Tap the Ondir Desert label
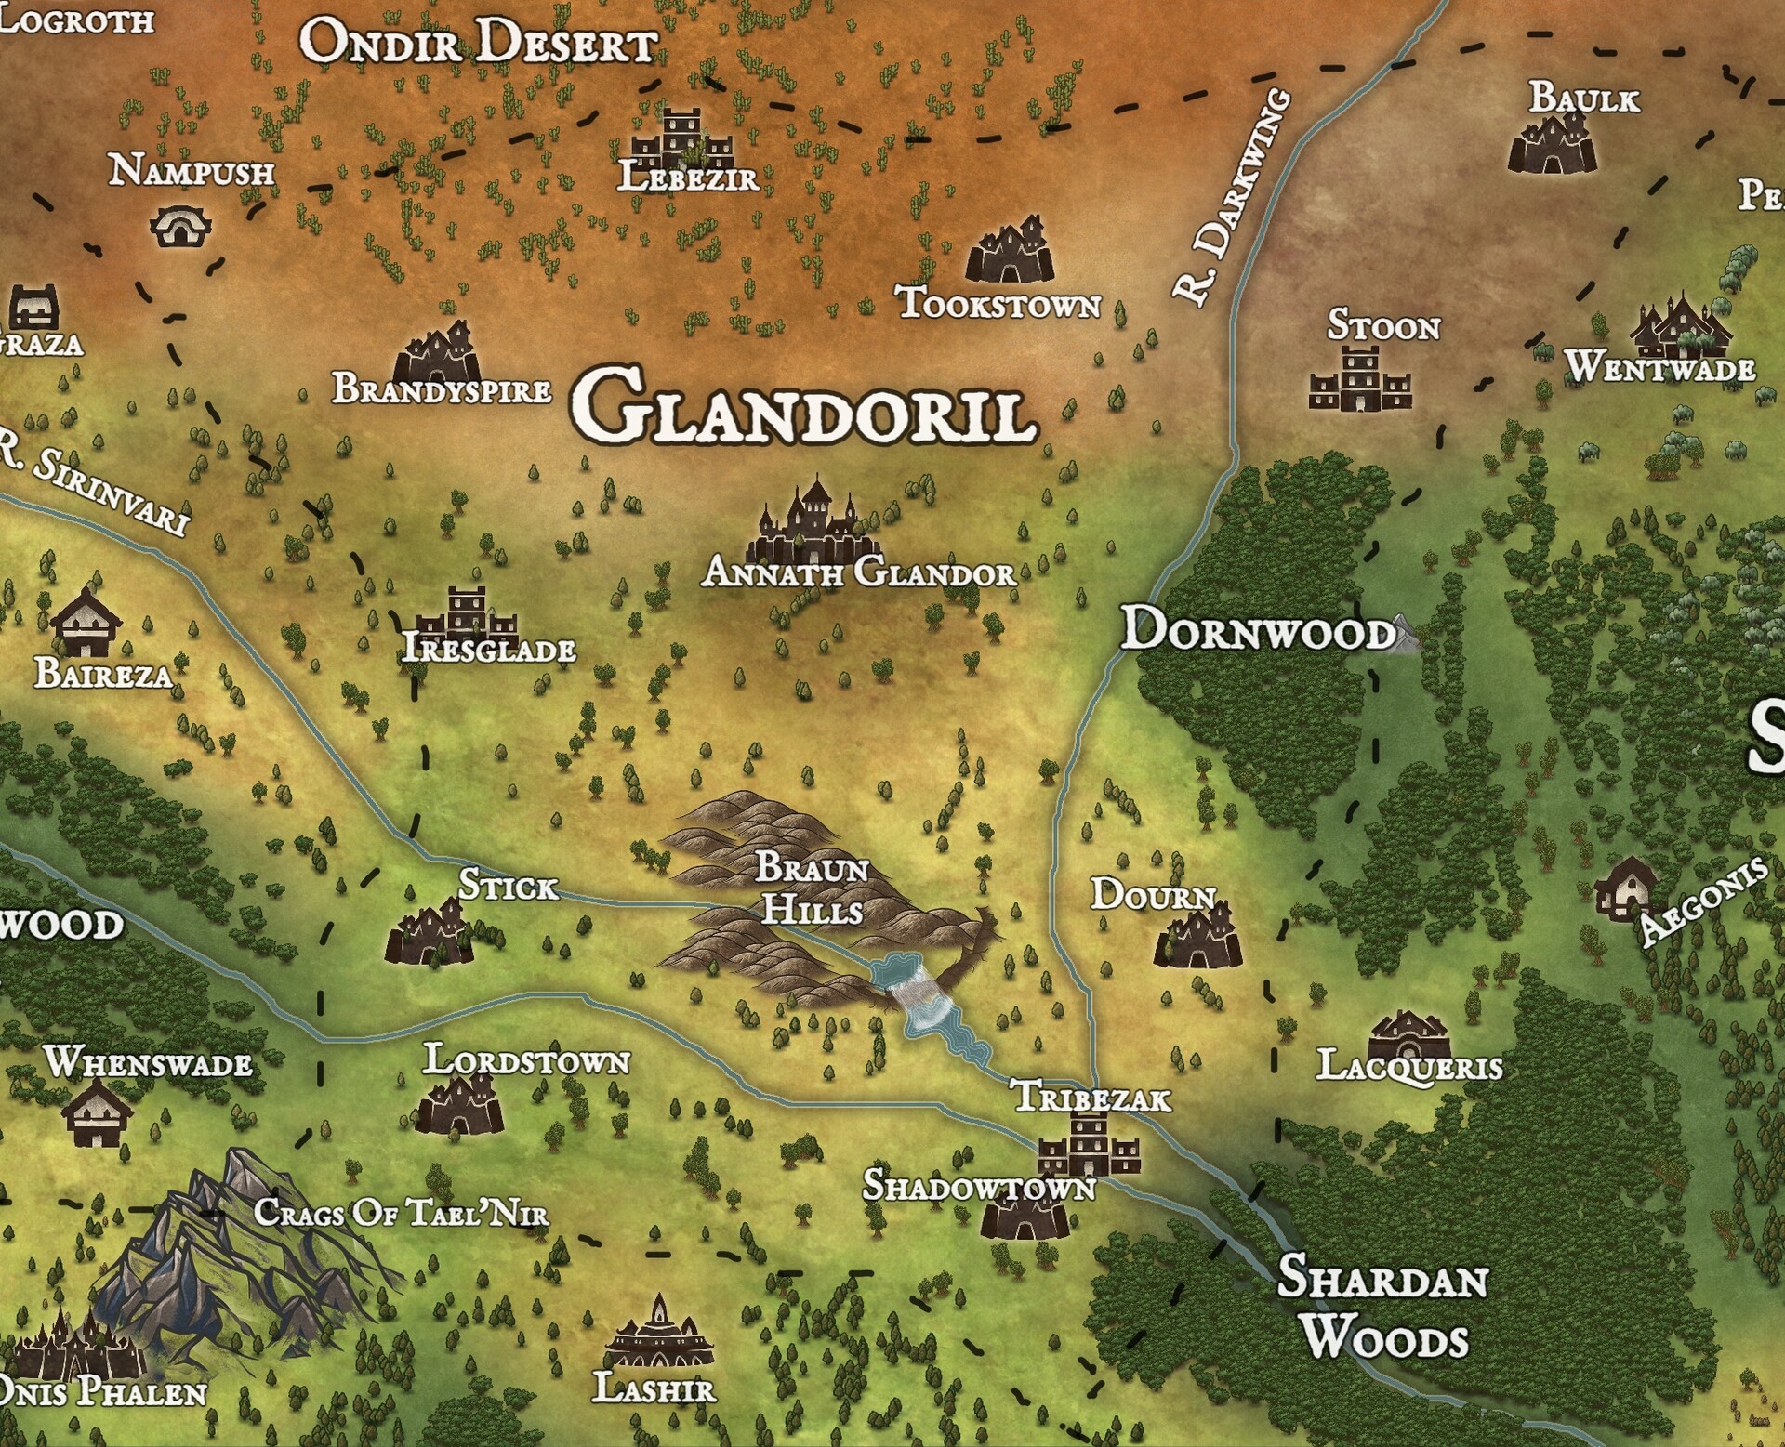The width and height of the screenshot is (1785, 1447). (480, 43)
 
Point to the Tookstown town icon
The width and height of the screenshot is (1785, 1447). (1010, 250)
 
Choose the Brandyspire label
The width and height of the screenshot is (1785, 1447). (442, 388)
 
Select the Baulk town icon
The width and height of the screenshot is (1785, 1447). (1552, 144)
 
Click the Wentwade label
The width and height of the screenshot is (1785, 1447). (1660, 367)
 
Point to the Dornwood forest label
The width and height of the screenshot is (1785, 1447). (1258, 630)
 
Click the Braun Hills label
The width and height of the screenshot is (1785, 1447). (812, 888)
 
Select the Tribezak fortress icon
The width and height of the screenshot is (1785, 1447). (1089, 1145)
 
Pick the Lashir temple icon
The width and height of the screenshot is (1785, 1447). (659, 1335)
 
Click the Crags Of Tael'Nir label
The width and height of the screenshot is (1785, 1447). (401, 1212)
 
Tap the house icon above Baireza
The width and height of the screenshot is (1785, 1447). (86, 621)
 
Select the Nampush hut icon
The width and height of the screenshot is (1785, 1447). (179, 226)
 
